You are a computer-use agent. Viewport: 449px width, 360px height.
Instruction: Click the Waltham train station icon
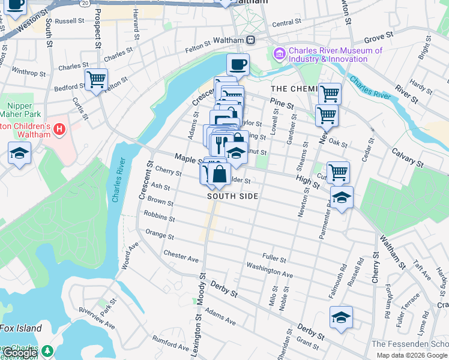click(x=250, y=40)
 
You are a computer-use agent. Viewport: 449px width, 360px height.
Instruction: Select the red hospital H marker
click(x=59, y=128)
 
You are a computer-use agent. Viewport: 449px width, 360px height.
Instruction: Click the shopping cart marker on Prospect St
click(x=96, y=79)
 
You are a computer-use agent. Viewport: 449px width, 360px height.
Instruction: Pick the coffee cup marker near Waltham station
click(x=238, y=64)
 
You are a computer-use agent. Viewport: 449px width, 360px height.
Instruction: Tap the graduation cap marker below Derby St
click(x=341, y=317)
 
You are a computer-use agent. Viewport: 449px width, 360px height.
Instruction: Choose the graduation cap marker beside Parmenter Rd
click(x=342, y=197)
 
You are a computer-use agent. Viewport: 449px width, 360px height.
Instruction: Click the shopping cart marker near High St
click(x=339, y=172)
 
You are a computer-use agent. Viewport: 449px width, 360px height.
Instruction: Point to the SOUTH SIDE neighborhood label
click(x=232, y=196)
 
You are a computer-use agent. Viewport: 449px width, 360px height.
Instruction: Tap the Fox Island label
click(x=21, y=328)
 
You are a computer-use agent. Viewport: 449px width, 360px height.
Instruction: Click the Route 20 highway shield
click(x=86, y=3)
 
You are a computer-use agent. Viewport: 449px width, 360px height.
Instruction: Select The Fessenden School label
click(x=409, y=344)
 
